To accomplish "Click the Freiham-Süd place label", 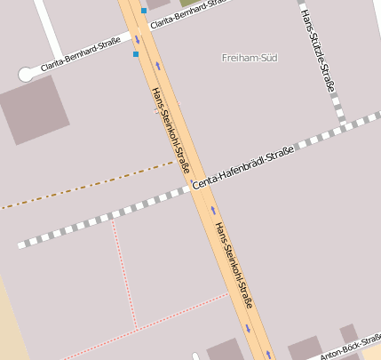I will (249, 58).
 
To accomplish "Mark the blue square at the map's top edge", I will (144, 11).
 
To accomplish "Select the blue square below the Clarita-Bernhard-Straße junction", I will (136, 54).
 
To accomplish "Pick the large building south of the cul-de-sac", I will (33, 110).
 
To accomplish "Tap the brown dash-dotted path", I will (89, 185).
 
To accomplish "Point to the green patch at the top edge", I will (184, 4).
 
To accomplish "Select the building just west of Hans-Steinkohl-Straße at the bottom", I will (224, 350).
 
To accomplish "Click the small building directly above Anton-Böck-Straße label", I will (349, 333).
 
